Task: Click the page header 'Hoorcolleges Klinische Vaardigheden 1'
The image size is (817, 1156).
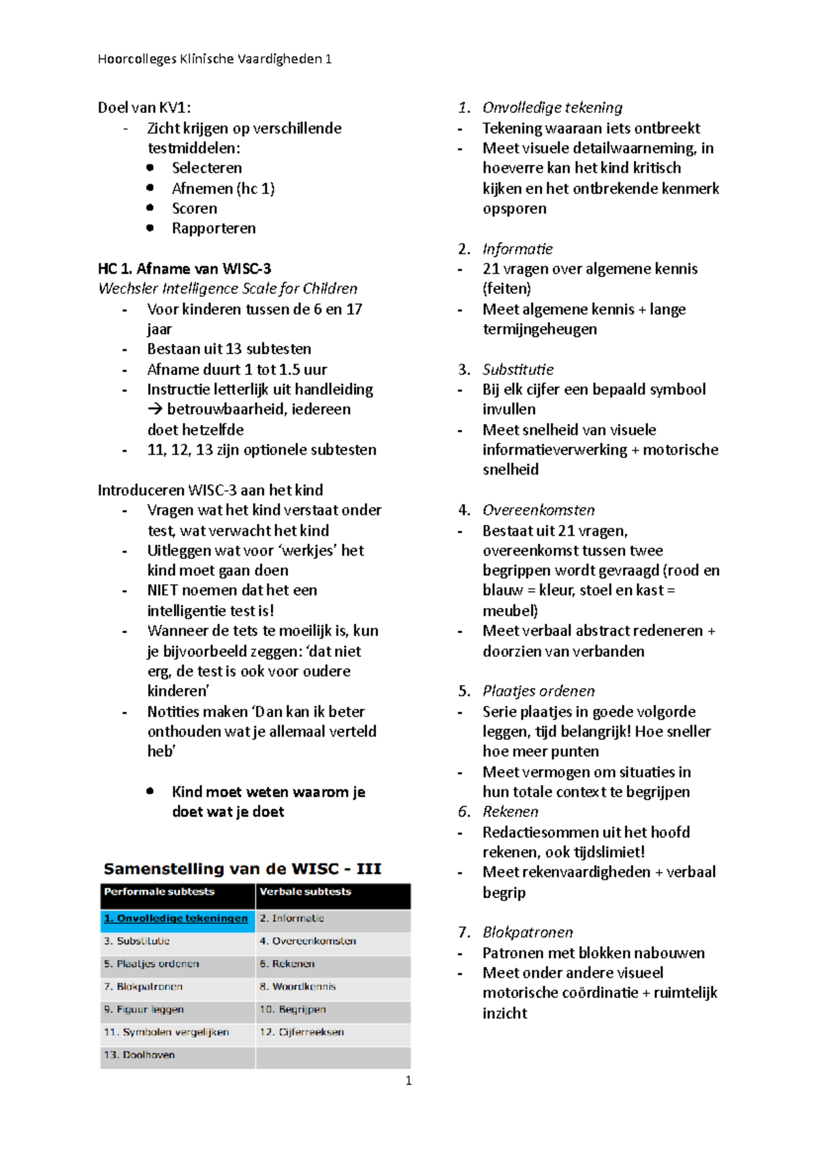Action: tap(214, 59)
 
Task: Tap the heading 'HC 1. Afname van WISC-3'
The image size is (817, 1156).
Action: tap(185, 269)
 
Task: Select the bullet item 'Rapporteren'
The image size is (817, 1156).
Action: tap(214, 229)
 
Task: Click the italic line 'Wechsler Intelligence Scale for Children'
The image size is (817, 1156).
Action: tap(227, 289)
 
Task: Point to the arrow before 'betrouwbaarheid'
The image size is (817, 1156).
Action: tap(155, 410)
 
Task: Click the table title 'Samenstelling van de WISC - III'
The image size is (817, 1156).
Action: tap(242, 869)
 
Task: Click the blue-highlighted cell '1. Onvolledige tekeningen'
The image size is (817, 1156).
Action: tap(176, 918)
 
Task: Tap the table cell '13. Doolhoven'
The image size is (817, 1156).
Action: tap(140, 1055)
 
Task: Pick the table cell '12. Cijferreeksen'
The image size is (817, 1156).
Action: tap(302, 1032)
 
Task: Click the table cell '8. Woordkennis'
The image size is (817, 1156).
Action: tap(298, 986)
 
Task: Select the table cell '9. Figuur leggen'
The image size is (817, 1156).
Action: tap(144, 1010)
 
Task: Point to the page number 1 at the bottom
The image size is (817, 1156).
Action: tap(408, 1081)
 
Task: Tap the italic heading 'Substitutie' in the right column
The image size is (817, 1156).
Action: tap(518, 370)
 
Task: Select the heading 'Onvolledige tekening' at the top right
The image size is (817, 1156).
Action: tap(552, 108)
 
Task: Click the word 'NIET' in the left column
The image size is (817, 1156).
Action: tap(163, 590)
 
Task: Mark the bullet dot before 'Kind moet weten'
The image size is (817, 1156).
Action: tap(150, 791)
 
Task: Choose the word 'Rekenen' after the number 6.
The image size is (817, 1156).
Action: tap(511, 812)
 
